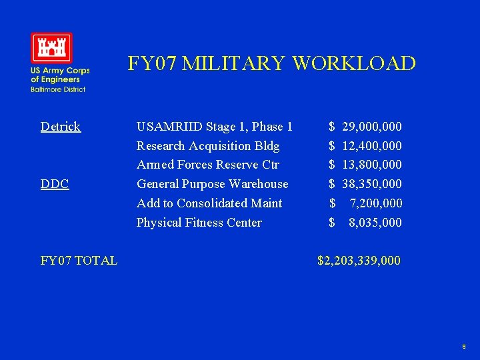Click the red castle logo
(51, 48)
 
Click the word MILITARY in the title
(234, 63)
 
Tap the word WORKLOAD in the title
(353, 63)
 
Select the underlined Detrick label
(61, 127)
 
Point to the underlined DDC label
(55, 184)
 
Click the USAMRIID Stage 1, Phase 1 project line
(215, 127)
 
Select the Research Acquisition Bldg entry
(208, 146)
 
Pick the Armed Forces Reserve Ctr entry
(208, 165)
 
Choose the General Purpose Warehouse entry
(213, 184)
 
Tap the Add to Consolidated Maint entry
(209, 203)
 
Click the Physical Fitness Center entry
(199, 223)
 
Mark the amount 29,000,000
(371, 127)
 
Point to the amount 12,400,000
(371, 146)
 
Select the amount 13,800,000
(371, 165)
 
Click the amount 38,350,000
(371, 184)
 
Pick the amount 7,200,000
(375, 203)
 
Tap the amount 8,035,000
(375, 223)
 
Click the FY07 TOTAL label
(79, 261)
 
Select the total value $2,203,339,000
(359, 261)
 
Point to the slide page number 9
(464, 347)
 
